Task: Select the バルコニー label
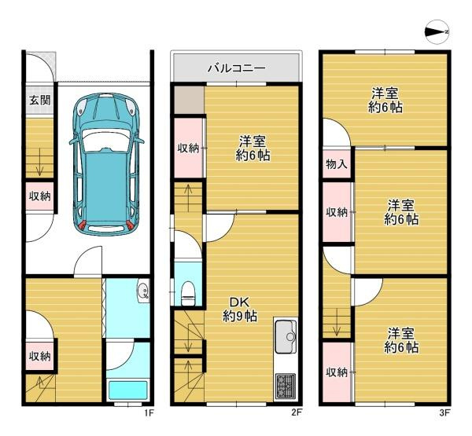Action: (x=236, y=68)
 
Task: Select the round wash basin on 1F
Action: (x=142, y=294)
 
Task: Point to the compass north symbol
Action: (x=435, y=31)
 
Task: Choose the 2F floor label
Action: (x=297, y=412)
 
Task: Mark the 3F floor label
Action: (x=444, y=412)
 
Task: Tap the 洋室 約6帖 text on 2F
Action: (x=253, y=148)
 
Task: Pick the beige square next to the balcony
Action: (x=188, y=99)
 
